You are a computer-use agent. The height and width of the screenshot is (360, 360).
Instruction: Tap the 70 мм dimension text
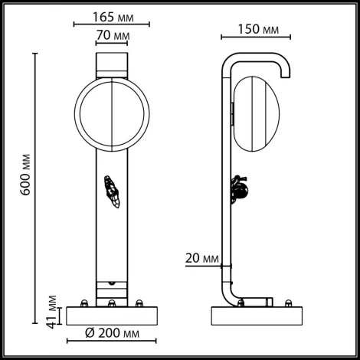click(x=113, y=36)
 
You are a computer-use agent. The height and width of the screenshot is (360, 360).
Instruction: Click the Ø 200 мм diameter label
click(x=113, y=335)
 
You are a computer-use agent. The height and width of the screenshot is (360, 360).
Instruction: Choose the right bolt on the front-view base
click(x=139, y=303)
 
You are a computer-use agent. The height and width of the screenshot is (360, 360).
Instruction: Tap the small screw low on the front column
click(x=113, y=282)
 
